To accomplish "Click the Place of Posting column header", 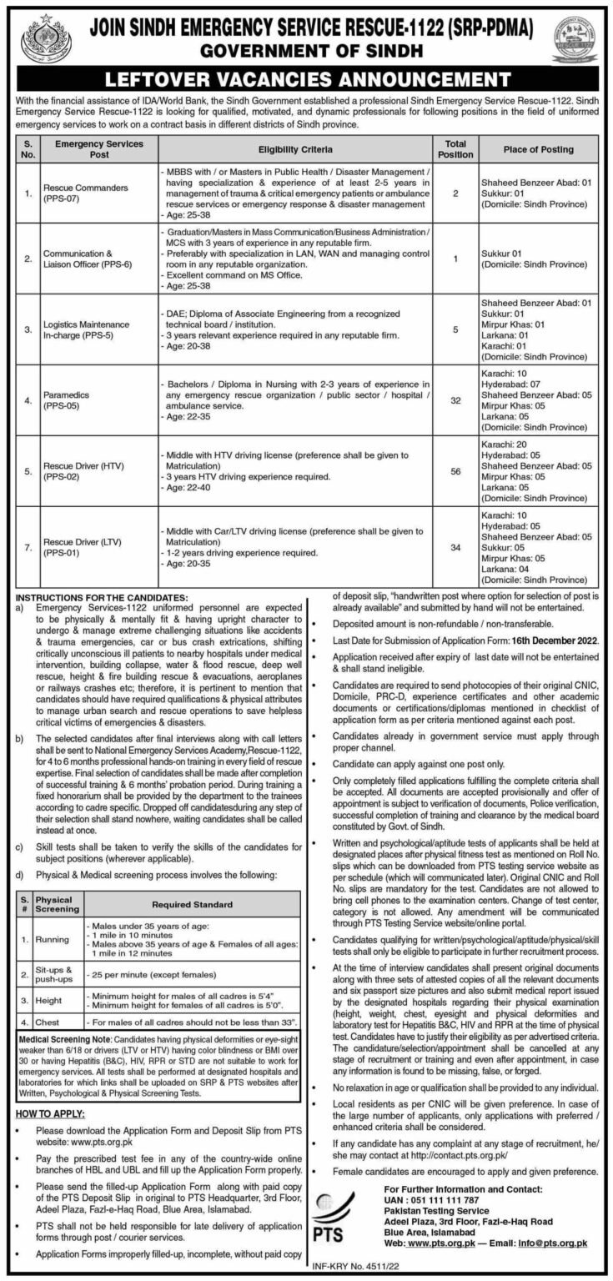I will (538, 150).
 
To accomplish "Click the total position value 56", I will (454, 471).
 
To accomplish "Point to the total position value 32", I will (454, 400).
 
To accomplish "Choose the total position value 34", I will (454, 548).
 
